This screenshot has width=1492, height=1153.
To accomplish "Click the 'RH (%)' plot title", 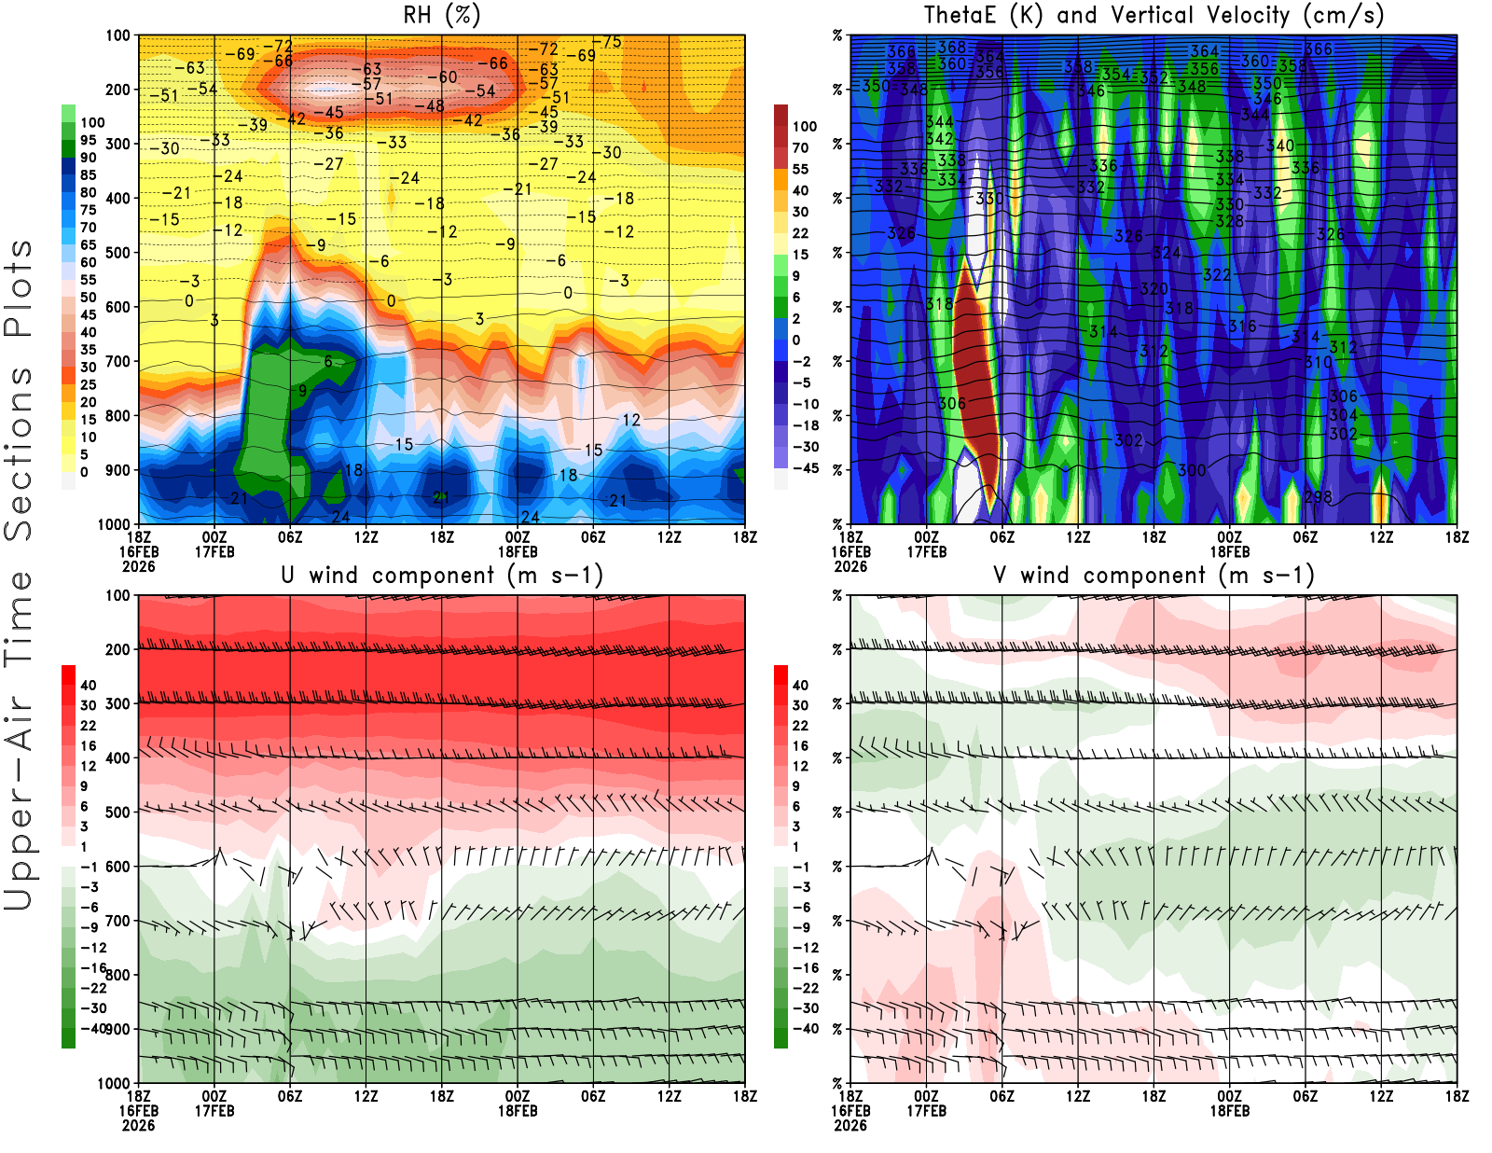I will (x=441, y=15).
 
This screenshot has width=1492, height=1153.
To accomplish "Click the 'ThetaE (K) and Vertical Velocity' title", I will (x=1154, y=15).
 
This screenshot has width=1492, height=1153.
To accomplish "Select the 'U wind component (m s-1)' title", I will (x=441, y=575).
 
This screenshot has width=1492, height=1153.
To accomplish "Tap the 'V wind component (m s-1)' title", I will (x=1154, y=575).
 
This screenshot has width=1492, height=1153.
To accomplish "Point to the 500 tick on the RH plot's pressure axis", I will (x=118, y=253).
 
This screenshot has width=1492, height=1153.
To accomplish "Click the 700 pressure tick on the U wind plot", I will (x=118, y=921).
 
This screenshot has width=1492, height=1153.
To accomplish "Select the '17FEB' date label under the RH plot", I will (x=214, y=551).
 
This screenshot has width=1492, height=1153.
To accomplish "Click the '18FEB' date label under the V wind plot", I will (x=1229, y=1111).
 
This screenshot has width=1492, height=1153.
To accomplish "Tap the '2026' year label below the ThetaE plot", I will (x=850, y=566).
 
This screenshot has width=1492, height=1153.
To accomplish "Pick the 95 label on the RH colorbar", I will (x=88, y=140).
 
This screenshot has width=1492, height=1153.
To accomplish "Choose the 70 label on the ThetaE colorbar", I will (x=800, y=147).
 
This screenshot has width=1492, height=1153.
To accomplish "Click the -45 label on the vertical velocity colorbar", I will (x=805, y=468).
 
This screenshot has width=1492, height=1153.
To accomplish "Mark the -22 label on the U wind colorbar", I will (x=93, y=988).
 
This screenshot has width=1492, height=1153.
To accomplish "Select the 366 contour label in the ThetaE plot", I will (x=1318, y=49).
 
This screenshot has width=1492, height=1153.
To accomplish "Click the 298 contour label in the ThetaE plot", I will (x=1318, y=497).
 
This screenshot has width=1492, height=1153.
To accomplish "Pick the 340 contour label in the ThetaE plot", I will (x=1279, y=146).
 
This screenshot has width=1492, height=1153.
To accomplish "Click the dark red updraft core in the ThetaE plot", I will (x=974, y=373).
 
